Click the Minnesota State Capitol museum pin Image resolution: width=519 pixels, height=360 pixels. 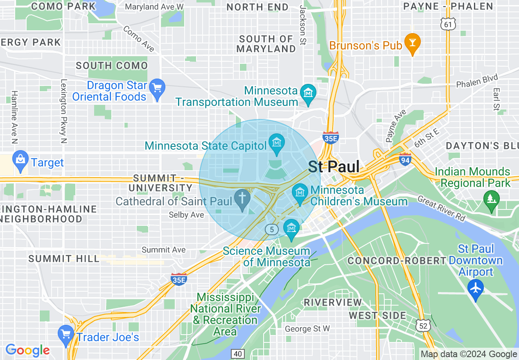(x=277, y=143)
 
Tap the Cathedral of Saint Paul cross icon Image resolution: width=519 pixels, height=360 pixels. (x=242, y=199)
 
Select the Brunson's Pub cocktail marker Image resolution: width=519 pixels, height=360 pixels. (x=412, y=43)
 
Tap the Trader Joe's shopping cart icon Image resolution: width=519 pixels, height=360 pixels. (x=65, y=334)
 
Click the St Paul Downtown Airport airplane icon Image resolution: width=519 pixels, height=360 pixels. (x=476, y=288)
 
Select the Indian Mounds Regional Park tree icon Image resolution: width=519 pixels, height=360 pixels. (x=491, y=200)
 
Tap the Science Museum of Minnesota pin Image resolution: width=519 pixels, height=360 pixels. (x=291, y=228)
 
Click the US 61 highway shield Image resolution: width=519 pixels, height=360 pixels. (x=449, y=25)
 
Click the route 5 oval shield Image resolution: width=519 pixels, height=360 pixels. (x=272, y=229)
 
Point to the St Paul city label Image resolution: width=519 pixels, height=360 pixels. (x=334, y=167)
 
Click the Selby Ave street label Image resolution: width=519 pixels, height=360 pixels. (x=186, y=215)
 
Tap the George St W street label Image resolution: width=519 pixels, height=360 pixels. (x=307, y=328)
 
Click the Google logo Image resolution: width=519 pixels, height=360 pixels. (x=28, y=350)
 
